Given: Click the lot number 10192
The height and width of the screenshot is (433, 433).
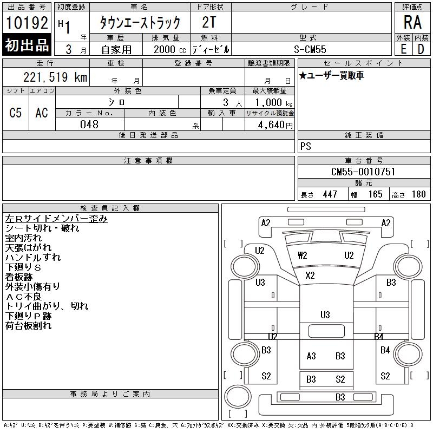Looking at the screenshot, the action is pos(27,24).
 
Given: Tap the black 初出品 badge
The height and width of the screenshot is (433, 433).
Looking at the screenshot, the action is pos(27,45).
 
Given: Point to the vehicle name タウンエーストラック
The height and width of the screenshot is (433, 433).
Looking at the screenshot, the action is pos(139,23).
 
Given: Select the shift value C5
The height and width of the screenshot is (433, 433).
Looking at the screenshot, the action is pos(16,113).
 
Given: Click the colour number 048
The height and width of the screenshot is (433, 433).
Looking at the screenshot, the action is pos(89,124).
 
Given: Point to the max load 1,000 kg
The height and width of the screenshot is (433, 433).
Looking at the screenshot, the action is pos(270,102).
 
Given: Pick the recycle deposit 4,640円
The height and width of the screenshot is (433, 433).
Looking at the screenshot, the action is pos(270,124).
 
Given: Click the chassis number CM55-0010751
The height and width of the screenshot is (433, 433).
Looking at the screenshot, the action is pos(363,172).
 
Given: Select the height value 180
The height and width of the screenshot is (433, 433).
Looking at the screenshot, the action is pos(418,194).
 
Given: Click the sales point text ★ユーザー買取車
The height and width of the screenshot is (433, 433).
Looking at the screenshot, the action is pos(331,76).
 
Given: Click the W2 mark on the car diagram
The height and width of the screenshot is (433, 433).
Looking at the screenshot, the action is pos(303,255).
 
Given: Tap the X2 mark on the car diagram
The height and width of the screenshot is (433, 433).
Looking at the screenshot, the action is pos(310,275).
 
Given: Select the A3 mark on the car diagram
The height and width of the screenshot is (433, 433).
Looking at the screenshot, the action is pos(311,356).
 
